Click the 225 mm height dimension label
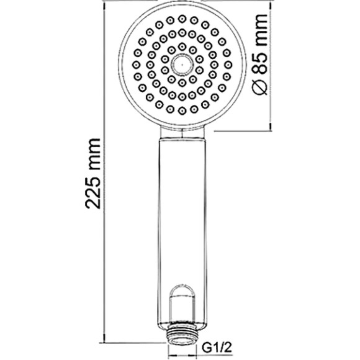click(93, 174)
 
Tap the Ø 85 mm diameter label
click(260, 54)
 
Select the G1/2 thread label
click(217, 348)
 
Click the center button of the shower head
click(182, 65)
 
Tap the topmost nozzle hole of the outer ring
click(182, 19)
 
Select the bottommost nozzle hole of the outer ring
click(182, 110)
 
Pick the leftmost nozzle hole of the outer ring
click(136, 65)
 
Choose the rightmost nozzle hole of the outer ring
click(228, 65)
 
